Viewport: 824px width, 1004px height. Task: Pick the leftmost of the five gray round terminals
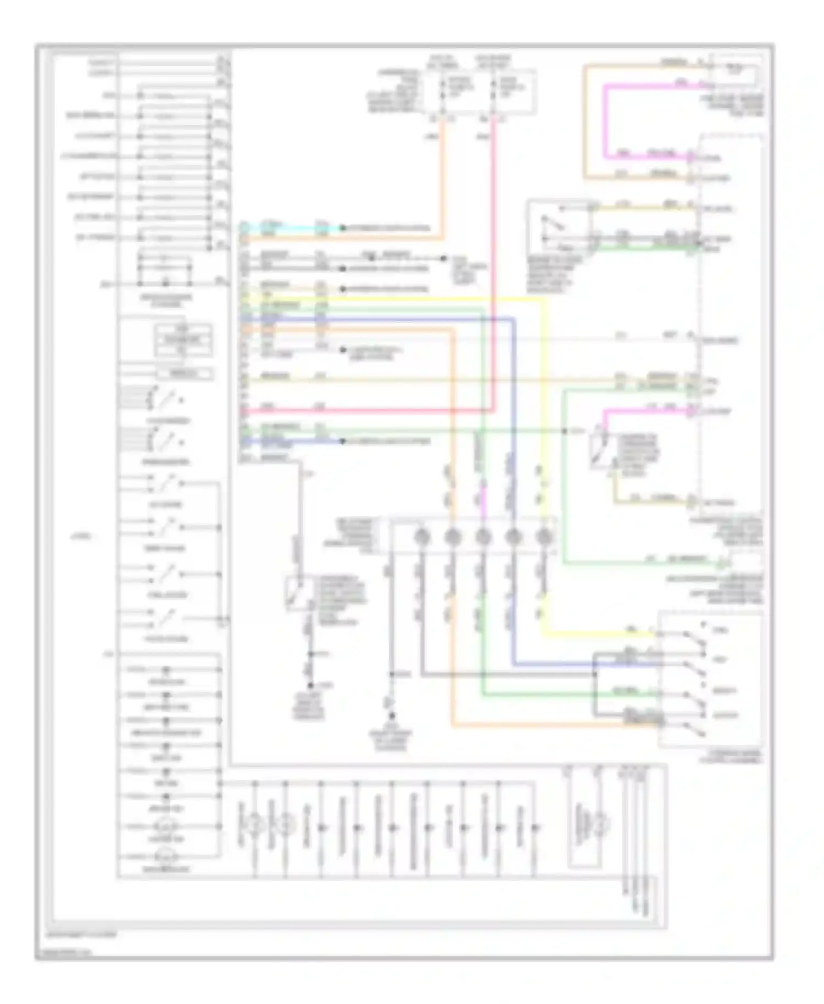pyautogui.click(x=422, y=537)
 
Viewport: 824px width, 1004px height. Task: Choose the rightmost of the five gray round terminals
pyautogui.click(x=544, y=537)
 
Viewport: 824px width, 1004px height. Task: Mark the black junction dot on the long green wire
pyautogui.click(x=565, y=431)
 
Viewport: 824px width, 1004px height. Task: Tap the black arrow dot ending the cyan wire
pyautogui.click(x=343, y=228)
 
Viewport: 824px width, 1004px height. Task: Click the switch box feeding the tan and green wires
pyautogui.click(x=559, y=226)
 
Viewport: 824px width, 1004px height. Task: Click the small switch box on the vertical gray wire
pyautogui.click(x=299, y=593)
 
